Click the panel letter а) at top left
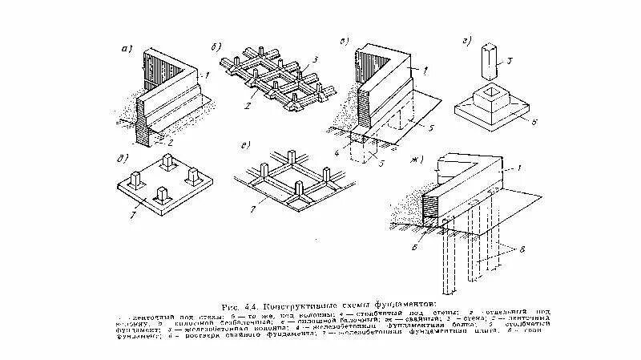[x=124, y=49]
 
